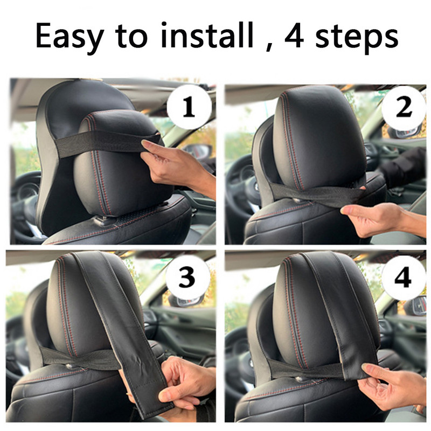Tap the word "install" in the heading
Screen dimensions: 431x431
[x=207, y=34]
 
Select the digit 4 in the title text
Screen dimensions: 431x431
[x=294, y=36]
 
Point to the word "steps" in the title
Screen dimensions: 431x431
[x=357, y=38]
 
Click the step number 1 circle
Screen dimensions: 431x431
[x=189, y=107]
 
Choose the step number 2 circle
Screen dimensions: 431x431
[x=404, y=107]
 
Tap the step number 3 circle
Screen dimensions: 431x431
[x=188, y=277]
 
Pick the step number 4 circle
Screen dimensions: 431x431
[x=403, y=278]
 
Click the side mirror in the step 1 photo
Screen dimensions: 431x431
[x=197, y=152]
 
